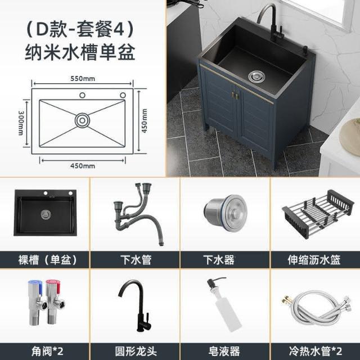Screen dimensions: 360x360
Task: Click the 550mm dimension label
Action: [83, 79]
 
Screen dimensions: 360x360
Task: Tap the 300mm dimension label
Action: [21, 123]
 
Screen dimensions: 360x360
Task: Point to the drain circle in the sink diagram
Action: [83, 120]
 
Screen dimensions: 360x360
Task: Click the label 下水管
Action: [136, 260]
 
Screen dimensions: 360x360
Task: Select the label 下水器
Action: [219, 260]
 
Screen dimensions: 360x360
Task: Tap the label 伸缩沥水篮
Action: [314, 260]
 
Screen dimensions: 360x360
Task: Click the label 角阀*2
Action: [47, 351]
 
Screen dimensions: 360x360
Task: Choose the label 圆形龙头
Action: [136, 351]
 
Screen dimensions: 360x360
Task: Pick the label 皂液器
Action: [224, 351]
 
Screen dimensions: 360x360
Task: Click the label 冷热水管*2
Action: [316, 351]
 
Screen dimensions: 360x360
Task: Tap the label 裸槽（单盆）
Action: [47, 260]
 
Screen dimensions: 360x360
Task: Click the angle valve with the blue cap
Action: [37, 302]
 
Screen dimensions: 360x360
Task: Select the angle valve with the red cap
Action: [55, 301]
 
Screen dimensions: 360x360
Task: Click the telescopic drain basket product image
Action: [318, 214]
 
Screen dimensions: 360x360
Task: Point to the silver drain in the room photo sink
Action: [256, 76]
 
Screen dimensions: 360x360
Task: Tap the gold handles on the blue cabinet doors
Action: [236, 95]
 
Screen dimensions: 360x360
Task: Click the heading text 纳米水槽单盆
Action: [80, 52]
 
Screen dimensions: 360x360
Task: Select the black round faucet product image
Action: [135, 305]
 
